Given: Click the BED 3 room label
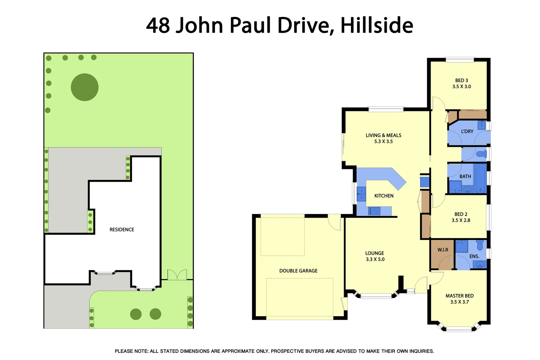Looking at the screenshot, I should pos(461,80).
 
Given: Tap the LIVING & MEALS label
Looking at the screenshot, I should pos(383,135).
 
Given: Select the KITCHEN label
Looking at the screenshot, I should pos(384,196).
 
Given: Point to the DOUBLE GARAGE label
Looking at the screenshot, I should pos(298,271).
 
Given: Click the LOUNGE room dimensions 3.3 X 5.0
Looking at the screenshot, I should pos(375,259).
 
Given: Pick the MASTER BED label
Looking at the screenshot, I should pos(459,296).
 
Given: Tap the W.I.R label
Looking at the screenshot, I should pos(443,250).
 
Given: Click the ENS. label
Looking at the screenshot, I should pos(474,256).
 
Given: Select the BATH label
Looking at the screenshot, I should pos(465,176).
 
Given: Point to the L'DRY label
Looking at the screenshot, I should pos(467,131).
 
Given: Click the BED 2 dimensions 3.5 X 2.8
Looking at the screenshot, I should pos(461,220).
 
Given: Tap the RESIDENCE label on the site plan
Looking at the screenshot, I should pos(122,230).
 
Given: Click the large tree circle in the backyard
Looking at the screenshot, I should pos(85,87).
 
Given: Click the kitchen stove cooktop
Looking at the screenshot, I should pos(374,211).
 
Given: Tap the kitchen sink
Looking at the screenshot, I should pos(361,194).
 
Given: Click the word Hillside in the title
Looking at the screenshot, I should pos(377,25).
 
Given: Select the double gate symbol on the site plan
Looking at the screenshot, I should pos(177,275).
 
